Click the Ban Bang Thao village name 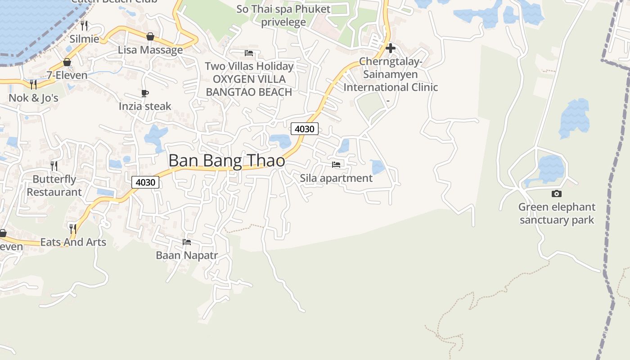pyautogui.click(x=227, y=161)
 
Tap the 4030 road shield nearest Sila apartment pyautogui.click(x=305, y=129)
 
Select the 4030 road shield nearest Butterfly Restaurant pyautogui.click(x=146, y=182)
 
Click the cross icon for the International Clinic pyautogui.click(x=390, y=48)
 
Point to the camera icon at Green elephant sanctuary pyautogui.click(x=557, y=194)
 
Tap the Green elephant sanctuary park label pyautogui.click(x=557, y=213)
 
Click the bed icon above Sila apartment pyautogui.click(x=336, y=165)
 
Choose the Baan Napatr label pyautogui.click(x=187, y=255)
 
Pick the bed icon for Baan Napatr pyautogui.click(x=187, y=242)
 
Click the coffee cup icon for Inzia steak pyautogui.click(x=145, y=93)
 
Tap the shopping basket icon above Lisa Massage pyautogui.click(x=150, y=36)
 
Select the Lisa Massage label pyautogui.click(x=150, y=49)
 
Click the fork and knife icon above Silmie pyautogui.click(x=84, y=25)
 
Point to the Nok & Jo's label pyautogui.click(x=34, y=98)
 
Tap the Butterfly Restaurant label pyautogui.click(x=54, y=185)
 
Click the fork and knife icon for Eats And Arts pyautogui.click(x=73, y=229)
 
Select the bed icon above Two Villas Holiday pyautogui.click(x=249, y=53)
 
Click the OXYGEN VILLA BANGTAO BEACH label pyautogui.click(x=249, y=85)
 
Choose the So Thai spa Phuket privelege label pyautogui.click(x=283, y=15)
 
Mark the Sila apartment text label pyautogui.click(x=336, y=178)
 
